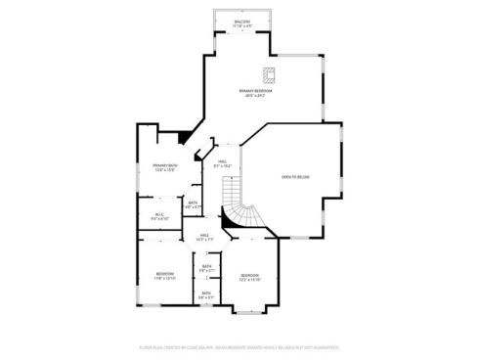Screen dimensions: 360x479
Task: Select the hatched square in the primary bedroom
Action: pos(270,74)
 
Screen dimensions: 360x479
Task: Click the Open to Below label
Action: pos(295,177)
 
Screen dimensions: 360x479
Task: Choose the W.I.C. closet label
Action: pos(160,215)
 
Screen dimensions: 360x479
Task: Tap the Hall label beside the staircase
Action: pos(223,161)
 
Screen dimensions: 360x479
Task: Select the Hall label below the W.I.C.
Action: pos(204,235)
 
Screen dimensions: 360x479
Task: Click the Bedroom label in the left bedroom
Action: pos(164,273)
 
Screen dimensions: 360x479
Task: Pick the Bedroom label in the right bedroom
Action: pos(250,275)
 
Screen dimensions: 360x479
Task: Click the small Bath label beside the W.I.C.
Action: pos(194,202)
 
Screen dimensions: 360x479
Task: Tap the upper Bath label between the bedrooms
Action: pos(206,266)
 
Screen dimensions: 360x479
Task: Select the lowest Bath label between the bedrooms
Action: pos(206,292)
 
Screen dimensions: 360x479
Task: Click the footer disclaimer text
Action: pos(239,345)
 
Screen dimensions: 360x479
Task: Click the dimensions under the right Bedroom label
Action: pos(250,280)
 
